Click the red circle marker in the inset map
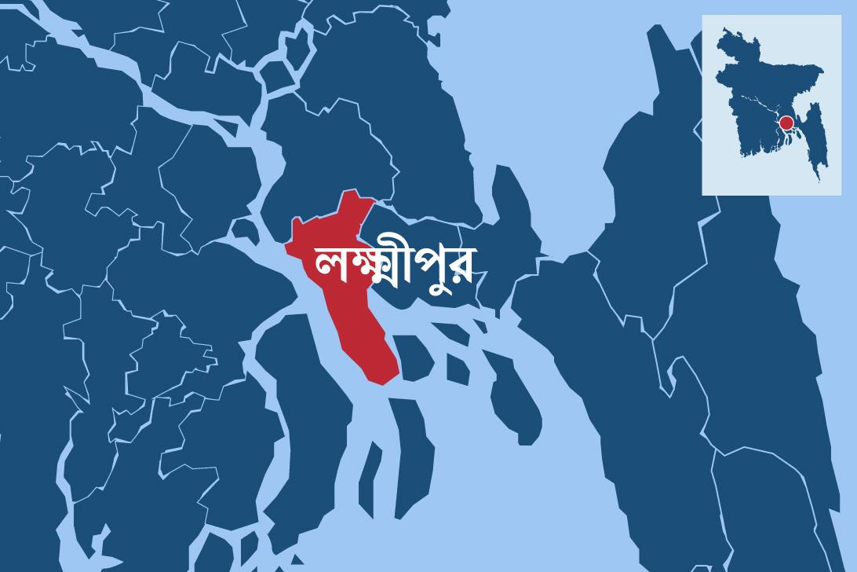click(x=786, y=123)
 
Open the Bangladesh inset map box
click(x=771, y=104)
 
